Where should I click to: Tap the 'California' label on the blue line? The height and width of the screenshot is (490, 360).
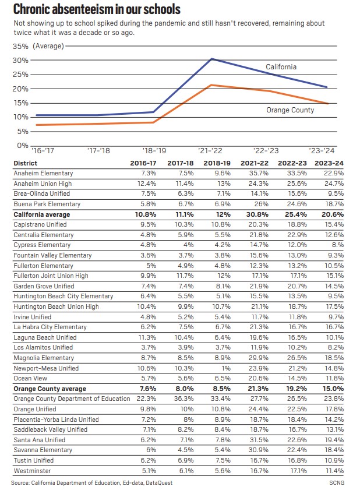281,67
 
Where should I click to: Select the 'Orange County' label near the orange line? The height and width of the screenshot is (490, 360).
290,110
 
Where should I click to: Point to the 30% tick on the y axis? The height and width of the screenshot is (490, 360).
20,60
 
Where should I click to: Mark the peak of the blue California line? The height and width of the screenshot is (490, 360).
211,59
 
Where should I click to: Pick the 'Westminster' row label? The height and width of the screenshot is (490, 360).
31,471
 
